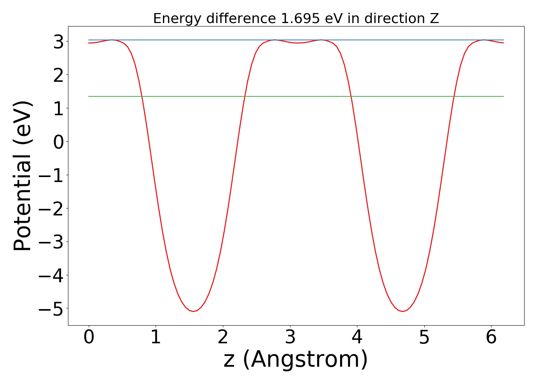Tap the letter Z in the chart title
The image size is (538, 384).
(434, 18)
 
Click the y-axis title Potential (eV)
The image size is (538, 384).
(23, 176)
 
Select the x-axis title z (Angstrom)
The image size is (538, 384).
(296, 360)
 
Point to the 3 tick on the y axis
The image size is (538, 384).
(58, 41)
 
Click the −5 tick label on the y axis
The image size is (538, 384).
(51, 309)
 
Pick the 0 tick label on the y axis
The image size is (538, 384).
(58, 142)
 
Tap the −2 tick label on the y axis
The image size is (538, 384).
(51, 209)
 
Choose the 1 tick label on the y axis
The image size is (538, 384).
(58, 108)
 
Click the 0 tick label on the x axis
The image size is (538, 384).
(89, 338)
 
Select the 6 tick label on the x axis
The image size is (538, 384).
(491, 338)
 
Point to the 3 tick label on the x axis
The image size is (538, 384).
(290, 338)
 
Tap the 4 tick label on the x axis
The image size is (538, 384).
(357, 338)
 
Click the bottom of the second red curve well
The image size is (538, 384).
(403, 311)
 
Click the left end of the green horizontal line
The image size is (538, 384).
(89, 96)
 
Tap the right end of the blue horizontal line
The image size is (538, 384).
(503, 40)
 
